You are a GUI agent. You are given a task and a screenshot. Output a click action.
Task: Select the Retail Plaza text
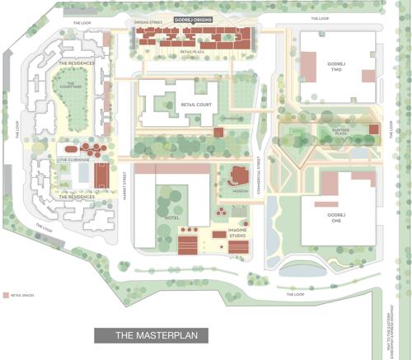(x=191, y=52)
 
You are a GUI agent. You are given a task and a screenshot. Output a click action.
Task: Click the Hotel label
(x=171, y=217)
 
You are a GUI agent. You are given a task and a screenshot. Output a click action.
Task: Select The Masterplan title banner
(x=151, y=335)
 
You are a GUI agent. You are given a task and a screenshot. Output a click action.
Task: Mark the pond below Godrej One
(x=303, y=269)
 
